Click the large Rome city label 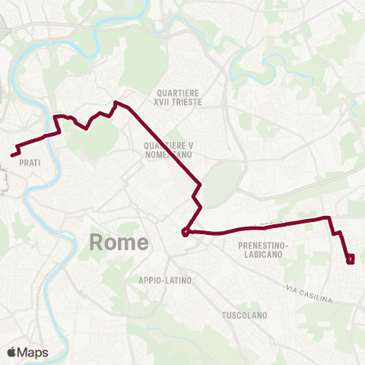[x=119, y=243]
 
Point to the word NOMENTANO [x=167, y=154]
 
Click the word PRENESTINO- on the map [x=262, y=246]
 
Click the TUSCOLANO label [x=242, y=315]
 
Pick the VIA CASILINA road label [x=309, y=294]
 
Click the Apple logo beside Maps [x=11, y=352]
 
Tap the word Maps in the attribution [x=33, y=352]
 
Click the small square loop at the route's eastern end [x=351, y=260]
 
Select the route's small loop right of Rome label [x=186, y=232]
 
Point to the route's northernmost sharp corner [x=115, y=102]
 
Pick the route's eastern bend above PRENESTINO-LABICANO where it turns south [x=329, y=218]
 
